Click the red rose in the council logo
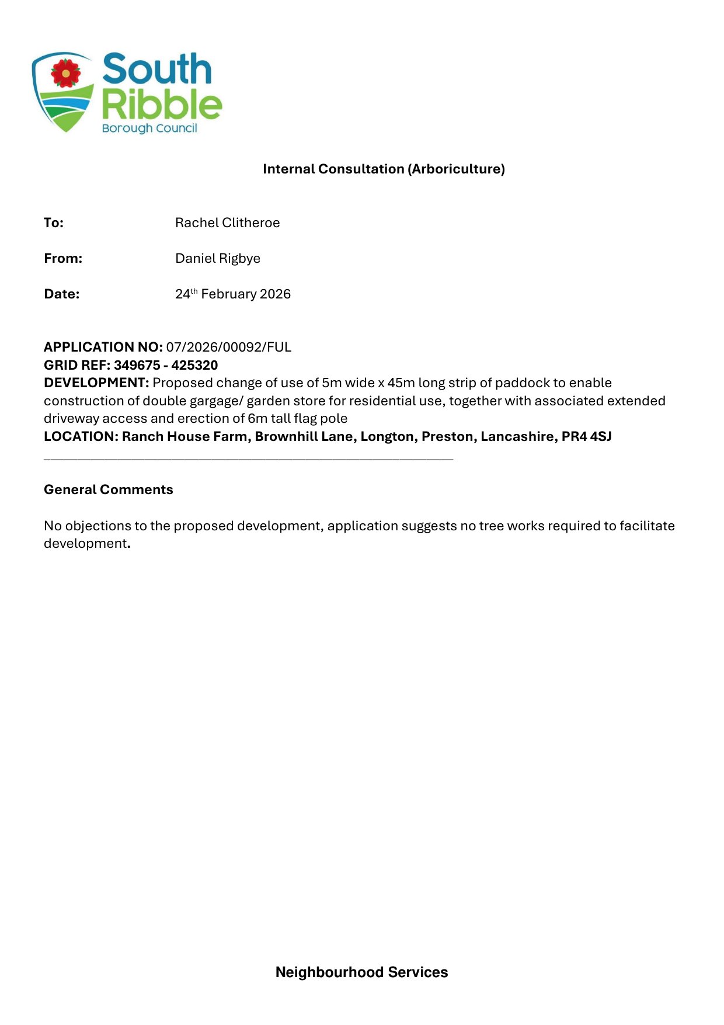click(65, 73)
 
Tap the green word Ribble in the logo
click(162, 105)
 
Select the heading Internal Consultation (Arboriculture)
click(384, 169)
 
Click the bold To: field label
click(54, 223)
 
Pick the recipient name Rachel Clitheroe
click(227, 223)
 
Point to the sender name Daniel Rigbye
click(217, 258)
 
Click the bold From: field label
click(63, 258)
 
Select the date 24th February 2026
click(232, 294)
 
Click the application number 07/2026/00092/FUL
click(228, 347)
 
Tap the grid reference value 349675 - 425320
click(166, 365)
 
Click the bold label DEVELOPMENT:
click(96, 383)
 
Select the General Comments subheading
click(109, 489)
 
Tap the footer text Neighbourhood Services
click(361, 972)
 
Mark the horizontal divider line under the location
click(248, 460)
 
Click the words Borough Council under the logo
click(149, 128)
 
